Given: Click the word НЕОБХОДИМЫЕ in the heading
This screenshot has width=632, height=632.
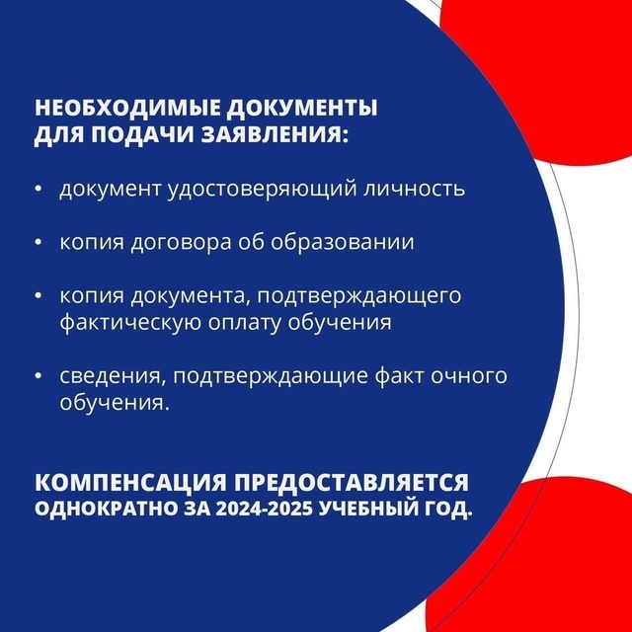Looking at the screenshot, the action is click(x=127, y=108).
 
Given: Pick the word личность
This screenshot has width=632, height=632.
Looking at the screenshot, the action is click(x=415, y=189).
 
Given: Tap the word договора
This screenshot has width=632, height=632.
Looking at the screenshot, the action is click(x=181, y=243).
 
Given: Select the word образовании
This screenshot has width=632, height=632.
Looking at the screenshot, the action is click(x=343, y=241).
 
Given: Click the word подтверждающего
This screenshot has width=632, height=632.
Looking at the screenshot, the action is click(x=359, y=296).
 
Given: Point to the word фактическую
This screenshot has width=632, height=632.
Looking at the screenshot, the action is click(x=130, y=323).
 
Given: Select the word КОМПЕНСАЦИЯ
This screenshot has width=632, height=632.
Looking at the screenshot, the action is click(x=130, y=483).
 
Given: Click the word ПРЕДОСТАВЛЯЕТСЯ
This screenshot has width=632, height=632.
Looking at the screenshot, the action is click(x=352, y=483).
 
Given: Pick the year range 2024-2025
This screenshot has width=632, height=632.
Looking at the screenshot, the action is click(x=264, y=510).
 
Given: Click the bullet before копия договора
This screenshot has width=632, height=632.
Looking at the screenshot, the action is click(x=39, y=243).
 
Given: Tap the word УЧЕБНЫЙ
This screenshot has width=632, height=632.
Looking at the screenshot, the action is click(x=370, y=510).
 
